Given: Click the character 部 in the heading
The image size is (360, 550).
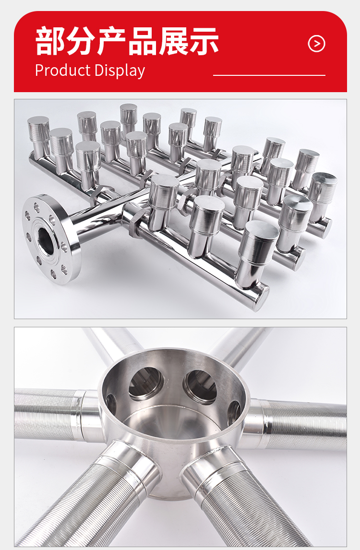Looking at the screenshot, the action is (x=50, y=41).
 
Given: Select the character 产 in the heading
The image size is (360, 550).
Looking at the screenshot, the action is (x=111, y=41).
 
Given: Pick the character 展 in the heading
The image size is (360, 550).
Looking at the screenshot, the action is (x=173, y=41).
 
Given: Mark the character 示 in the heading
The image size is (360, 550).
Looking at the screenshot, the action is (x=204, y=41).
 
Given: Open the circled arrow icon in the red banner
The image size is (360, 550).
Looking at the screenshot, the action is (x=316, y=44).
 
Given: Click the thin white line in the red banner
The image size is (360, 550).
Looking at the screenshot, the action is (x=269, y=75).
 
